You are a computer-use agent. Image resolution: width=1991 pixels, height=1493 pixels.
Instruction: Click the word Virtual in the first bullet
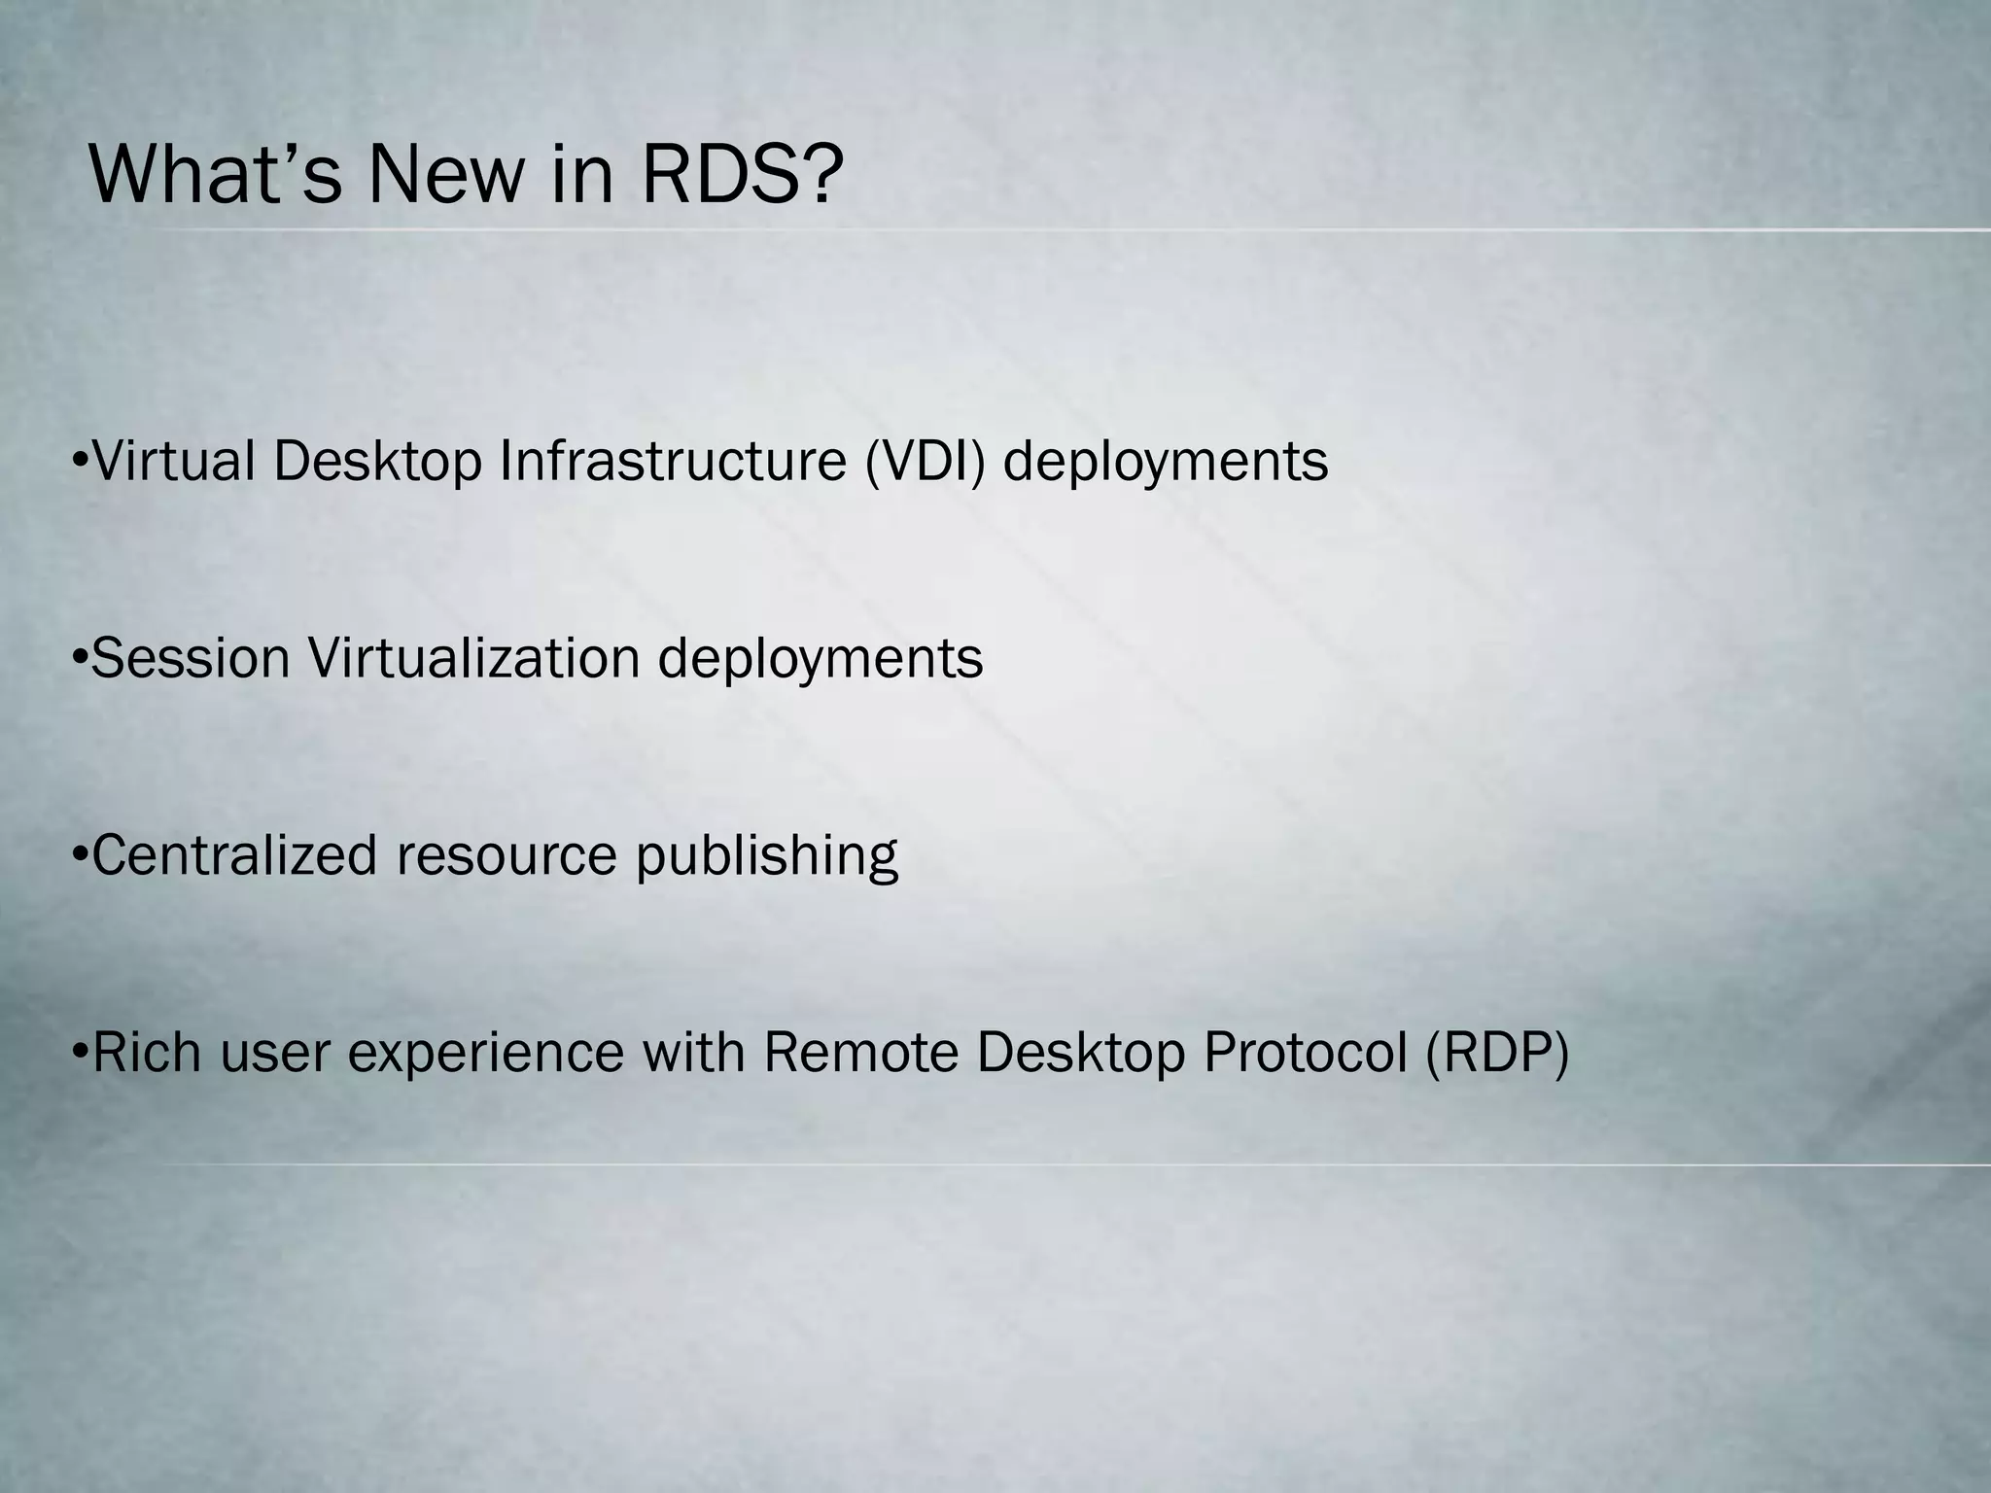click(173, 461)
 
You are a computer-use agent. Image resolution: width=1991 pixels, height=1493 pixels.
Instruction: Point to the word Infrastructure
click(672, 461)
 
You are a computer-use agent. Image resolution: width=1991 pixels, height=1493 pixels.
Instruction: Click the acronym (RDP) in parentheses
click(1497, 1052)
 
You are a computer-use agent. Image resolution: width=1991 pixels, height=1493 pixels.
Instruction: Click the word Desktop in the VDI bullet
click(377, 463)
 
